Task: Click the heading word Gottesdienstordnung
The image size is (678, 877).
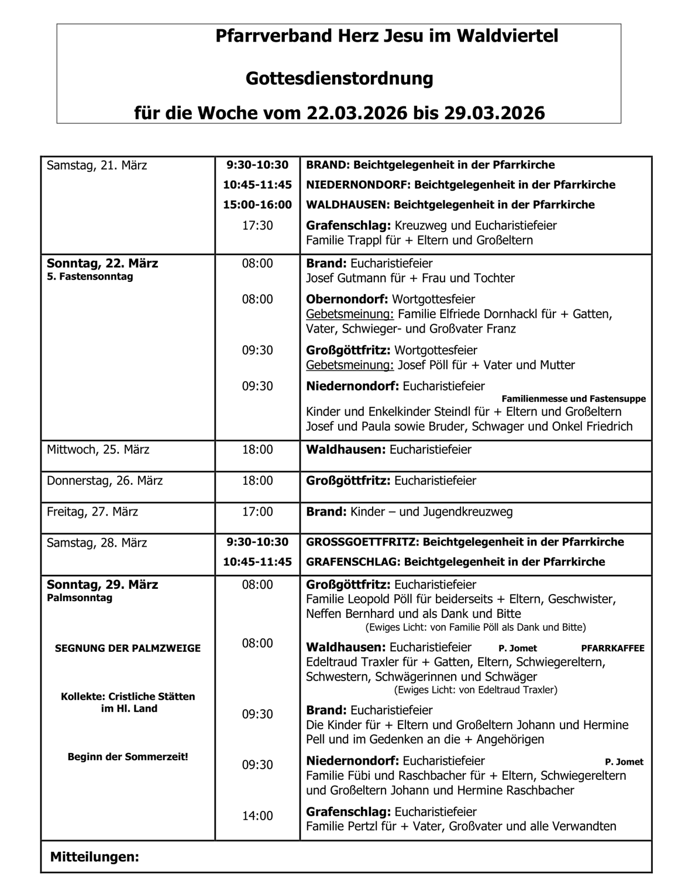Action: click(339, 78)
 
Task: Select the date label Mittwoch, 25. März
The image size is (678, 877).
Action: click(98, 450)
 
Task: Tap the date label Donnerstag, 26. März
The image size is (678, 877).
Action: click(105, 481)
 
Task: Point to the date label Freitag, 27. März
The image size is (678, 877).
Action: click(92, 512)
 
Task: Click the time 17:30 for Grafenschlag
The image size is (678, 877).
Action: click(257, 225)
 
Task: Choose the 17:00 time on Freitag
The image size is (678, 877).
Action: click(257, 512)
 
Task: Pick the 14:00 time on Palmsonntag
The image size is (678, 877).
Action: click(257, 816)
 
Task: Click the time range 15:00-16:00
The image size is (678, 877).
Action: click(257, 205)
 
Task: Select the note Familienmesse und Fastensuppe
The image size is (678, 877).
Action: click(573, 399)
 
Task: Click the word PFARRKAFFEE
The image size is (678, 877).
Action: click(612, 648)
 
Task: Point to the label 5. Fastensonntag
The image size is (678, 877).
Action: click(90, 277)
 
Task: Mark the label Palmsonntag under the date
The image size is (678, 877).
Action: click(80, 598)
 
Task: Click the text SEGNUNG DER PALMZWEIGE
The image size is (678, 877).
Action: click(128, 648)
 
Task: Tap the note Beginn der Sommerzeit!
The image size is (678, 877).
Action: click(128, 757)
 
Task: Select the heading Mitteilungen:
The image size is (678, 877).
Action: click(95, 857)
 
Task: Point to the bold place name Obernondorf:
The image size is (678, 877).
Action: click(347, 299)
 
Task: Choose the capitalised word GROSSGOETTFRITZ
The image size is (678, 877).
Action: click(362, 542)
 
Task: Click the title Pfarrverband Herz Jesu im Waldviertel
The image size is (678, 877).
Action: click(387, 36)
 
